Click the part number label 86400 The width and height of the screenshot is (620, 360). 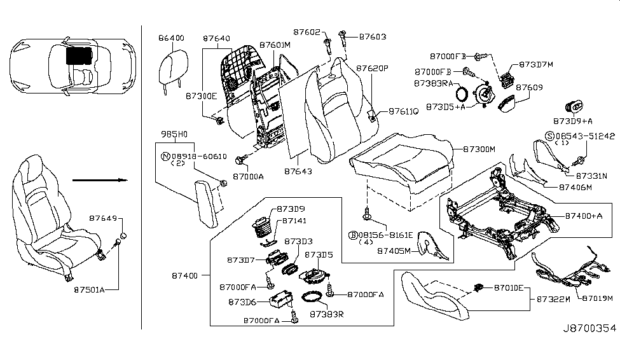coord(171,38)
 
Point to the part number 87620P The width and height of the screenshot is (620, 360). coord(372,68)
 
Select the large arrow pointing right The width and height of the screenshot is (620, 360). coord(99,180)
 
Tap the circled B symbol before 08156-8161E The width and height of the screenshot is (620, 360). coord(351,235)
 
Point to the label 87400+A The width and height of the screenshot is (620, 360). coord(584,216)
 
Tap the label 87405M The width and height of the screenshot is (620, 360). coord(395,251)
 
